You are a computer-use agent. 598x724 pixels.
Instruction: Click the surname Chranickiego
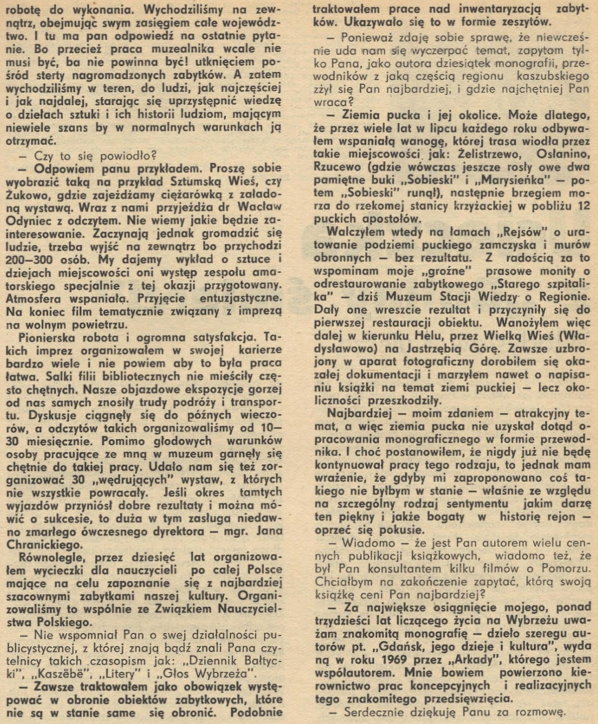(x=45, y=544)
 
